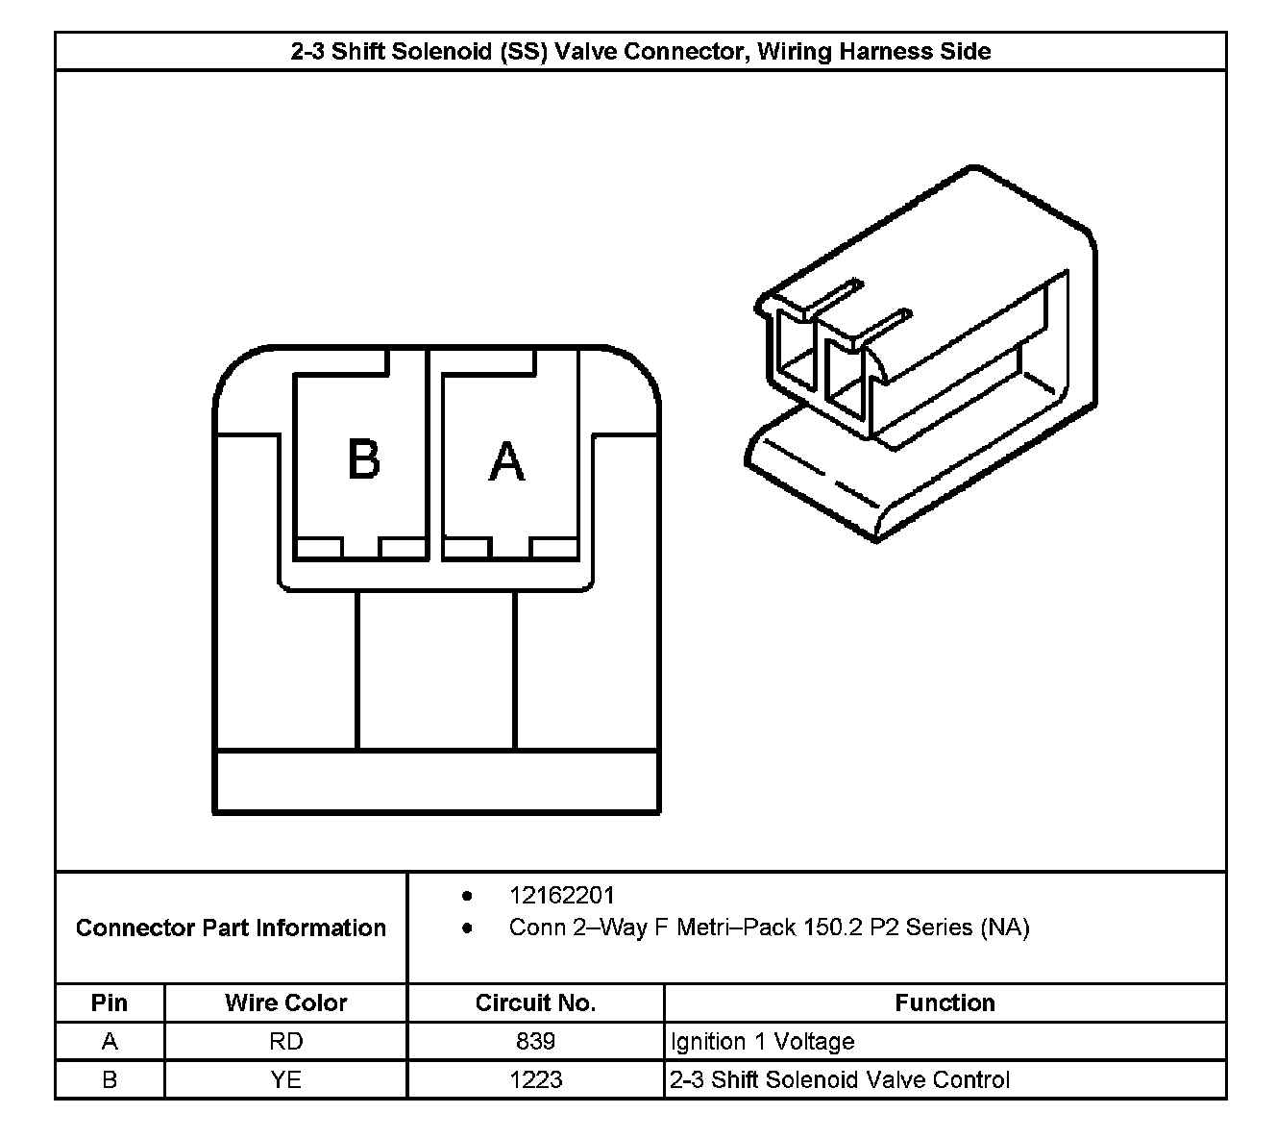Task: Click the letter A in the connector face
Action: tap(506, 461)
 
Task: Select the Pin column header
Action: tap(110, 1002)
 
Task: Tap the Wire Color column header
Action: tap(285, 1002)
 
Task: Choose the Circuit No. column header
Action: tap(535, 1002)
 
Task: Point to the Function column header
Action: tap(945, 1002)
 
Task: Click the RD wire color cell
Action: tap(285, 1041)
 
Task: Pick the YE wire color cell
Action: tap(285, 1079)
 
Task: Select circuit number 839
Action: tap(535, 1041)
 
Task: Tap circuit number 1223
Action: tap(535, 1079)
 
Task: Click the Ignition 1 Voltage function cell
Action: tap(762, 1041)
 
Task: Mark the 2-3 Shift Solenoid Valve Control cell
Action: tap(839, 1079)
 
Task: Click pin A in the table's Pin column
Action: tap(110, 1041)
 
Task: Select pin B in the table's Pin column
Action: tap(110, 1079)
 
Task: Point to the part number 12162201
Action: tap(561, 896)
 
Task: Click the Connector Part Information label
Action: tap(231, 928)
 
